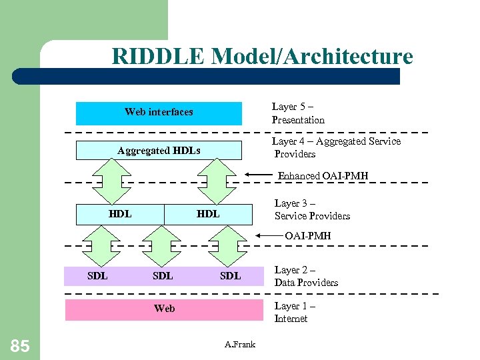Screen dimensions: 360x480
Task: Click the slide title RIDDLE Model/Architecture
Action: click(x=262, y=56)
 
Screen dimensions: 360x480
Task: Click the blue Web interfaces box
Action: click(x=159, y=113)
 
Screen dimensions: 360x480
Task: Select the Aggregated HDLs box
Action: click(x=159, y=151)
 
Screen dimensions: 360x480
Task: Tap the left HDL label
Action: click(x=120, y=214)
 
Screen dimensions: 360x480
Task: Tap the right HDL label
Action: click(x=208, y=214)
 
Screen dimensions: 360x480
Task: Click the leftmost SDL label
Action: click(x=98, y=275)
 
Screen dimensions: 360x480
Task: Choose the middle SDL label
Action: click(x=163, y=275)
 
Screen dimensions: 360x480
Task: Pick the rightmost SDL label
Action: click(x=230, y=275)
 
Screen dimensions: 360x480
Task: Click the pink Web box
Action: click(x=164, y=309)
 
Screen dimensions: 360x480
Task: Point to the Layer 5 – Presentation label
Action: click(x=298, y=113)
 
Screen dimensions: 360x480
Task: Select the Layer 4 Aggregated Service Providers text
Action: click(x=336, y=147)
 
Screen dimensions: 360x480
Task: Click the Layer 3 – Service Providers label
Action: click(x=312, y=209)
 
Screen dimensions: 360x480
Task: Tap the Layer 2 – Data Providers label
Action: click(x=306, y=276)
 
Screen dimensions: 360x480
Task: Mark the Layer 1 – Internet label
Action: click(x=295, y=312)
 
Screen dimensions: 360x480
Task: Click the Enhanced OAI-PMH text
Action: click(x=323, y=176)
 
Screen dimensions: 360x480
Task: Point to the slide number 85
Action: click(x=20, y=345)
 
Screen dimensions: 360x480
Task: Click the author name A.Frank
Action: click(x=240, y=344)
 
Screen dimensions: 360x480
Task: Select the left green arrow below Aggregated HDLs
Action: click(x=111, y=182)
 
